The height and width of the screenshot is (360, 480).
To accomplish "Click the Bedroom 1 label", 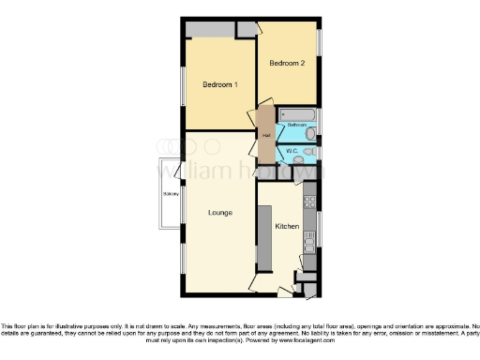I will click(220, 85).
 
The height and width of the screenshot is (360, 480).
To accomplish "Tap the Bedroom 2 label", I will click(287, 64).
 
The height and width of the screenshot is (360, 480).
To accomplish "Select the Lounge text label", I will click(221, 212).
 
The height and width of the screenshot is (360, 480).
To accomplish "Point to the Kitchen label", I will click(287, 227).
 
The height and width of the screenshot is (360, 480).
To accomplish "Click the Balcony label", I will click(170, 194).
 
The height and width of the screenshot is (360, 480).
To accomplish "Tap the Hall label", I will click(266, 135).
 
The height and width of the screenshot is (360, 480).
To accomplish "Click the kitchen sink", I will click(308, 245).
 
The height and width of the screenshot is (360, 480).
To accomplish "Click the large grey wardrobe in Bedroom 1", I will click(210, 29).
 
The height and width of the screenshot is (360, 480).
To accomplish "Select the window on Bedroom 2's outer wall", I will click(320, 42).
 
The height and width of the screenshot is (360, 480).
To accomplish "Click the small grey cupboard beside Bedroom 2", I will click(246, 29).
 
